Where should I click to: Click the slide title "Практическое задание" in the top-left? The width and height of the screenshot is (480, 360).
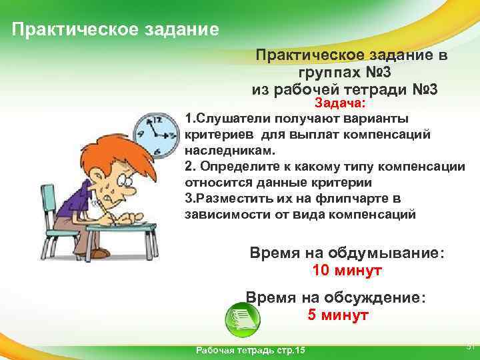pyautogui.click(x=115, y=29)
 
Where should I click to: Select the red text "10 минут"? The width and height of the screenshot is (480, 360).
pyautogui.click(x=347, y=271)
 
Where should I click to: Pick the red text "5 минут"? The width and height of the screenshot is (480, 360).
pyautogui.click(x=337, y=315)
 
